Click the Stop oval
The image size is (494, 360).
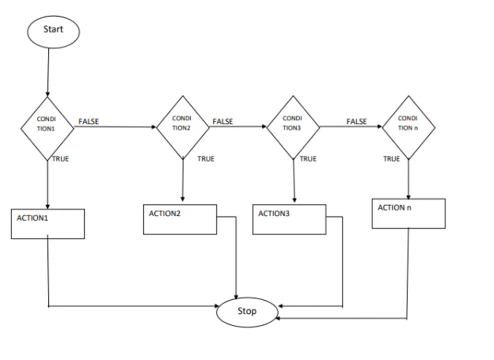tap(247, 311)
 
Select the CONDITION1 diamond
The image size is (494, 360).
tap(47, 127)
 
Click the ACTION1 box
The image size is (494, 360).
tap(48, 223)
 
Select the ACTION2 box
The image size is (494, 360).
tap(180, 219)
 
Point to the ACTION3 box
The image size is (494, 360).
tap(289, 219)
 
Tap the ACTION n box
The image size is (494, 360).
tap(408, 214)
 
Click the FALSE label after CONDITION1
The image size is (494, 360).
tap(89, 121)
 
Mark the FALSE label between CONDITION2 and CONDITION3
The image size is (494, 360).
tap(222, 121)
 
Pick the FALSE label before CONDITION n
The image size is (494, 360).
tap(357, 121)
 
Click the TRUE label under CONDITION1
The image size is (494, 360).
tap(60, 159)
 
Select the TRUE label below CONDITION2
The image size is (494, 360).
tap(206, 159)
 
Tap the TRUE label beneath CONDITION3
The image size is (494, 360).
tap(308, 159)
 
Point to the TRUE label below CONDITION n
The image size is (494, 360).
tap(392, 159)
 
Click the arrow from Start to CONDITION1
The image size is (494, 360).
tap(48, 71)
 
